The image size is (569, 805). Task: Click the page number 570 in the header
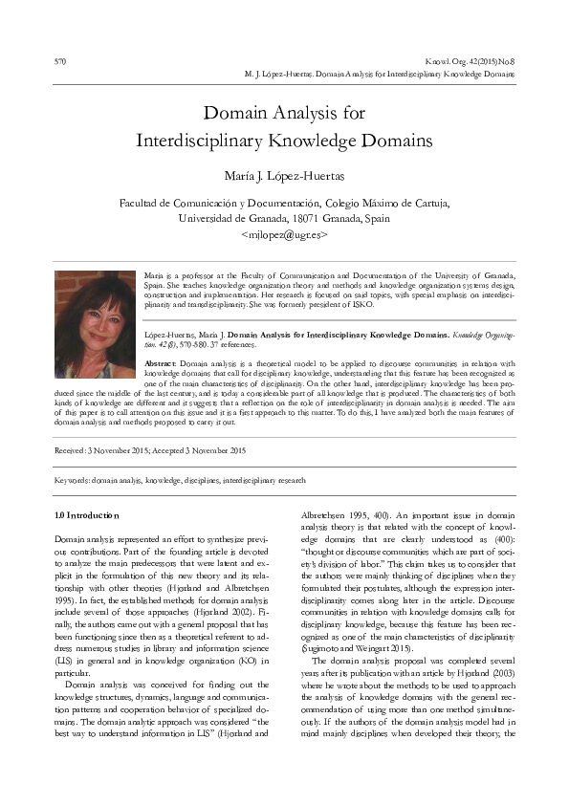[x=58, y=61]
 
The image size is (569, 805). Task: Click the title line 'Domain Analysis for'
[x=285, y=113]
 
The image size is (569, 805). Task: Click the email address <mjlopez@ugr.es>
[x=285, y=232]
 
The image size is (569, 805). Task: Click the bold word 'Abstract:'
[x=160, y=364]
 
